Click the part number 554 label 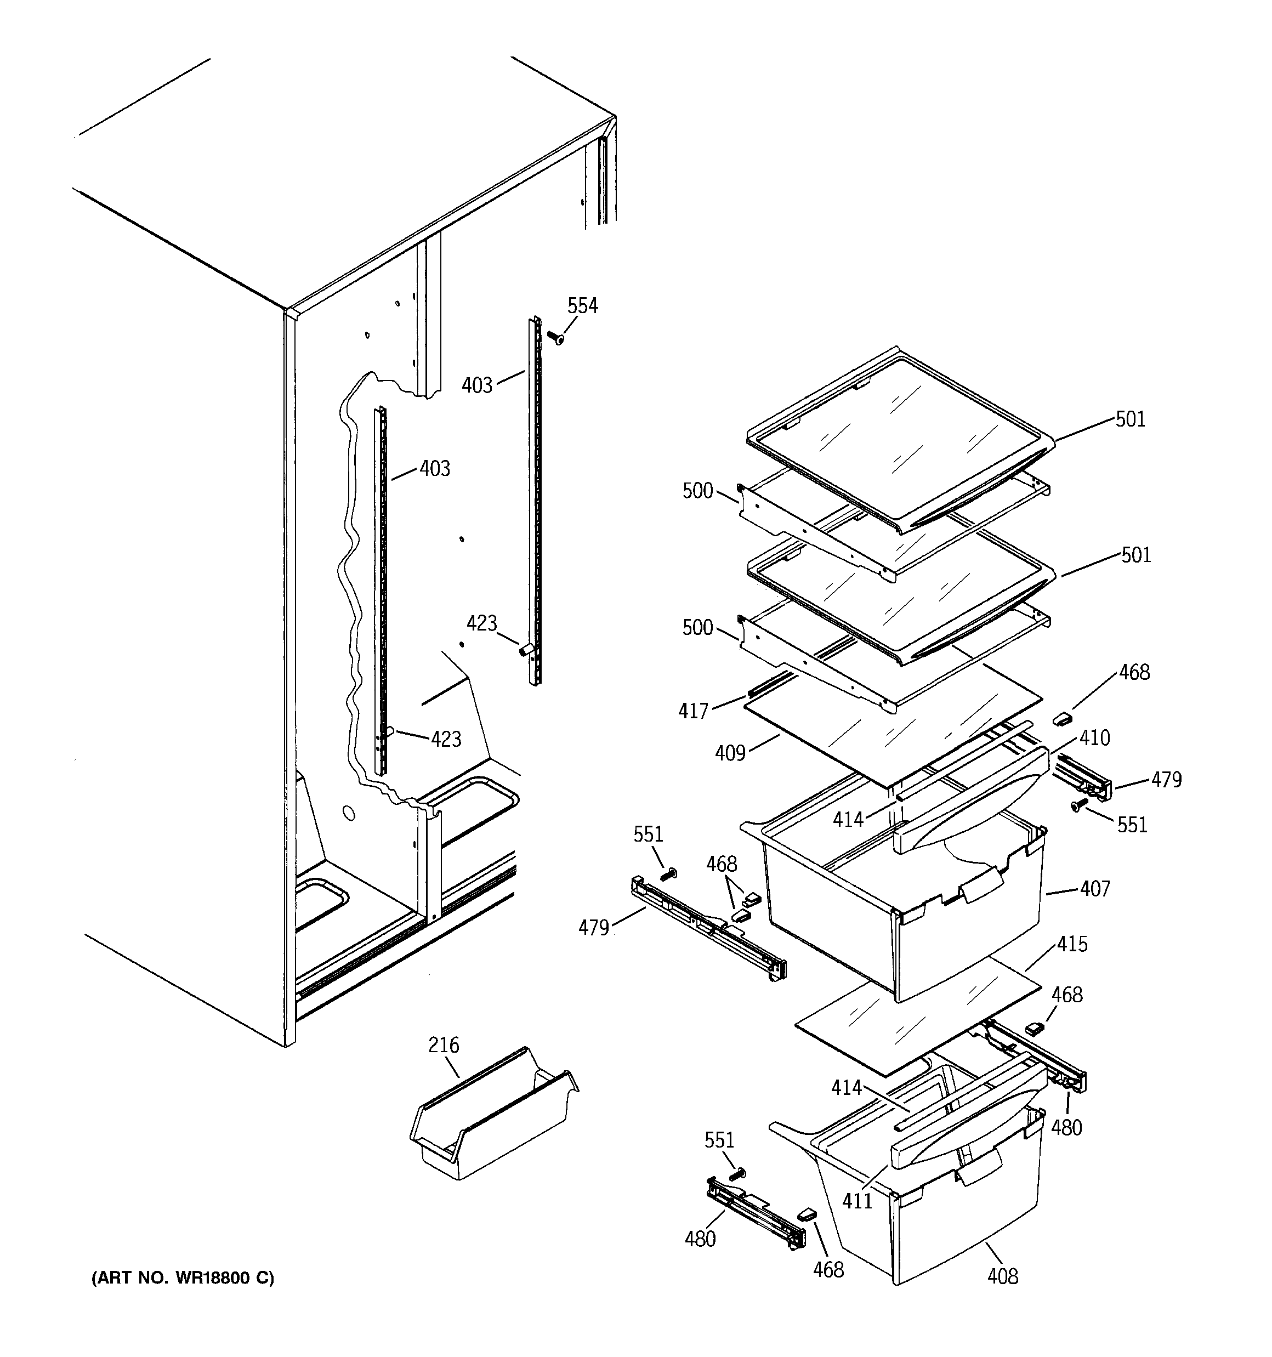(x=582, y=306)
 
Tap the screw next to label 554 (x=556, y=337)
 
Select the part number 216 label (x=443, y=1045)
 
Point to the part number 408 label (x=1002, y=1276)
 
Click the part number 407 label (x=1094, y=888)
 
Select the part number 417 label (x=693, y=711)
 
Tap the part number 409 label (x=730, y=753)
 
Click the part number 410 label (x=1094, y=738)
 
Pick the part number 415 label (x=1072, y=944)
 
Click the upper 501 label (x=1130, y=419)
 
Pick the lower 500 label (x=697, y=627)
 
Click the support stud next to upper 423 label (x=525, y=649)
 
